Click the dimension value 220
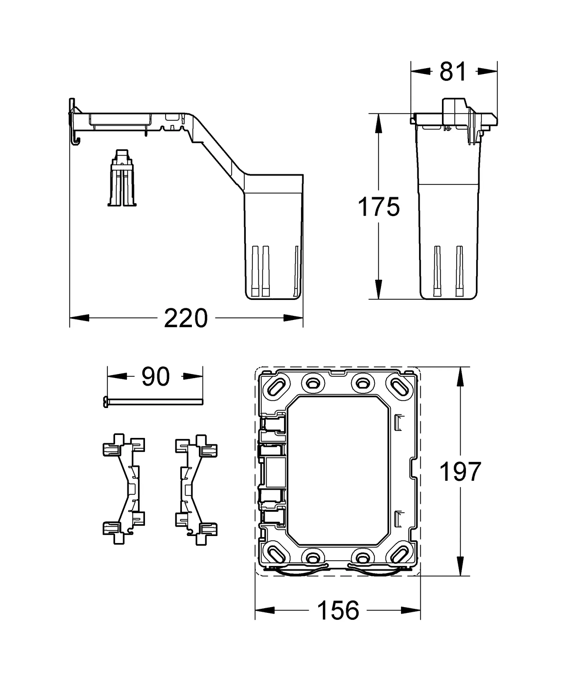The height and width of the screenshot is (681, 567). point(186,319)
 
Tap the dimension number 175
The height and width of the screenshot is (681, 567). point(378,207)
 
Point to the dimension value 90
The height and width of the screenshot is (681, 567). point(155,377)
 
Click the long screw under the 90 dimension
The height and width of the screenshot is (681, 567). point(153,402)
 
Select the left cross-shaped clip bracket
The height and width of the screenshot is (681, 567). point(124,488)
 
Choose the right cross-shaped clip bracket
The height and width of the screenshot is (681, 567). point(196,488)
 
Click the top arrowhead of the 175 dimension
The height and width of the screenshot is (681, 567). point(378,123)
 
